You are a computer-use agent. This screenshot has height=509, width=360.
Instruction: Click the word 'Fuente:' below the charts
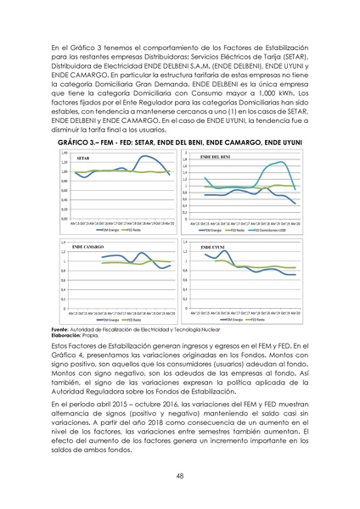click(61, 328)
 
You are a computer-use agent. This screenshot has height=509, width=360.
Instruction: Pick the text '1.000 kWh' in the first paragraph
click(254, 92)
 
